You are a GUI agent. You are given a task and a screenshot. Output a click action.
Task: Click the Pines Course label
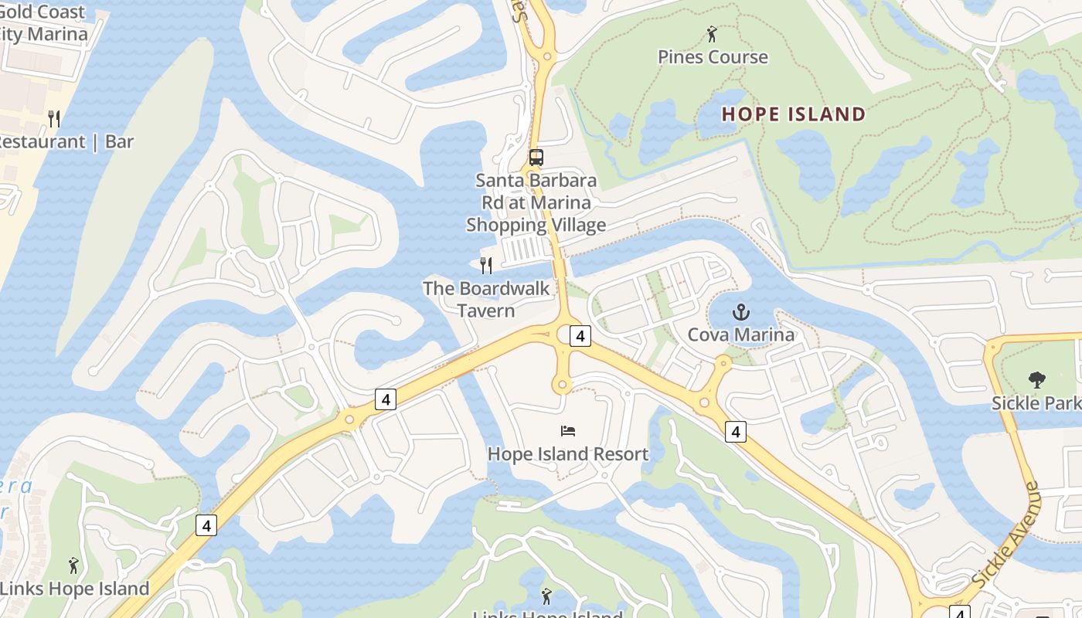(x=713, y=56)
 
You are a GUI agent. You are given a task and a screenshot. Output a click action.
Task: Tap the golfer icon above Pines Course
(x=712, y=34)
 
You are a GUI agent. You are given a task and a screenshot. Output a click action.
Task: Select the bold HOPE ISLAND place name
(x=794, y=114)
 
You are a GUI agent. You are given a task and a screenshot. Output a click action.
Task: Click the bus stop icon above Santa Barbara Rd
(x=536, y=158)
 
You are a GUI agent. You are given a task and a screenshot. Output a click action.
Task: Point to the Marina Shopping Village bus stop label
(x=536, y=202)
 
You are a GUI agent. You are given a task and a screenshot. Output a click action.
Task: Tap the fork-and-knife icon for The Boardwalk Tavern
(x=486, y=266)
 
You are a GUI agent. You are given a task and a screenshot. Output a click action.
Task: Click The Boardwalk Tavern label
(x=486, y=299)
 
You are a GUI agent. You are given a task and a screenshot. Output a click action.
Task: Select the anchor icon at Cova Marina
(x=741, y=313)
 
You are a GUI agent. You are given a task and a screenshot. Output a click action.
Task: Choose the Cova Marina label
(x=741, y=334)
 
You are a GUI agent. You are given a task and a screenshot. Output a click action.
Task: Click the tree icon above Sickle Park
(x=1036, y=380)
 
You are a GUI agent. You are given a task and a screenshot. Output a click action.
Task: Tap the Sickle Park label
(x=1036, y=402)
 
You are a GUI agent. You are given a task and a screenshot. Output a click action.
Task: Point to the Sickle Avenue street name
(x=1007, y=534)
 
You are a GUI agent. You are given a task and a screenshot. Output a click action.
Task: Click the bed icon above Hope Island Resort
(x=568, y=431)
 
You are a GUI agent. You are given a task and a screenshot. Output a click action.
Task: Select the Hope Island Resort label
(x=568, y=453)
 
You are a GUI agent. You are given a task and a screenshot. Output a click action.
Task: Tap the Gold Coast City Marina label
(x=43, y=23)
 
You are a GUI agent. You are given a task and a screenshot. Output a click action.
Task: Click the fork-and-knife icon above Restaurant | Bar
(x=54, y=119)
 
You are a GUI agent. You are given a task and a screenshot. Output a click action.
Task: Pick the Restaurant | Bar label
(x=66, y=141)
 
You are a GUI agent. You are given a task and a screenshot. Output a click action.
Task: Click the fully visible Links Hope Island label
(x=75, y=589)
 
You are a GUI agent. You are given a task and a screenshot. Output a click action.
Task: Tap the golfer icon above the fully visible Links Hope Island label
(x=73, y=565)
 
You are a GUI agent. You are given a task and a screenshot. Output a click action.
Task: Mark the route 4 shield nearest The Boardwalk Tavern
(x=580, y=335)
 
